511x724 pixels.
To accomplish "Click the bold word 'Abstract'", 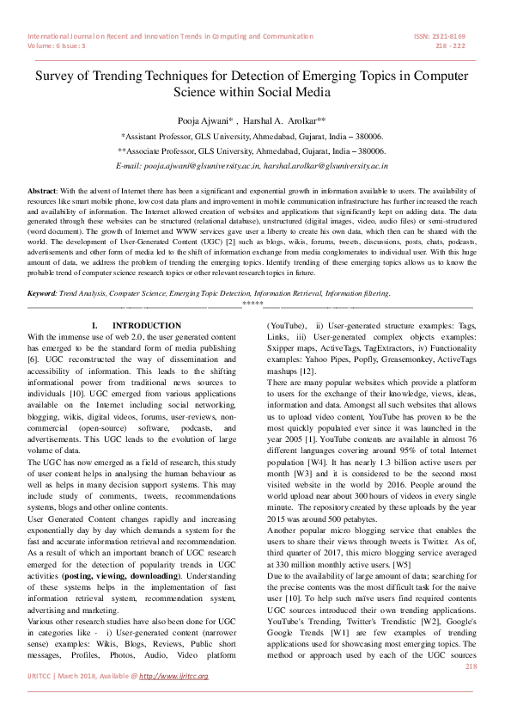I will tap(43, 188).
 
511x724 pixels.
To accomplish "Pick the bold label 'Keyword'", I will tap(45, 293).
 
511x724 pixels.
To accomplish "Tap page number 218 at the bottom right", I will tap(471, 666).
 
